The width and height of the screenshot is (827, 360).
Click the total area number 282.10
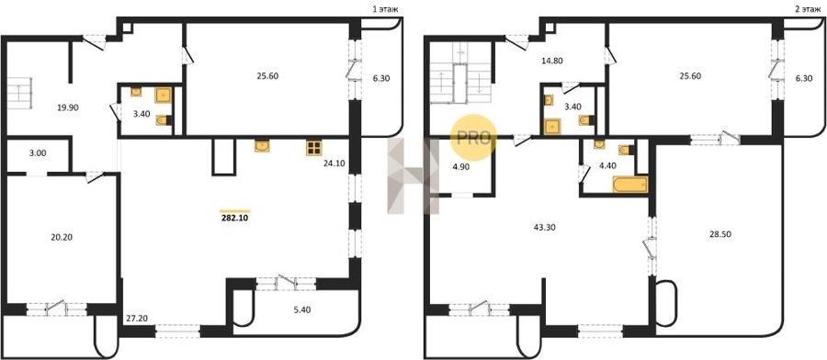tap(234, 217)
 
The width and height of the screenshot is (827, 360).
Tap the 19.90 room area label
tap(68, 107)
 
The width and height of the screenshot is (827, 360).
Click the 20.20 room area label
tap(62, 237)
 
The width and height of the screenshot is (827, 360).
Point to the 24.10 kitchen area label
tap(334, 163)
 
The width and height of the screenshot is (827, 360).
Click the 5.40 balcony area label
tap(301, 309)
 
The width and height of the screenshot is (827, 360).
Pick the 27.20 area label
tap(136, 319)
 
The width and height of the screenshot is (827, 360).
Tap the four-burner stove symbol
tap(314, 148)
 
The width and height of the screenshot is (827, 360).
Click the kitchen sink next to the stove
tap(262, 146)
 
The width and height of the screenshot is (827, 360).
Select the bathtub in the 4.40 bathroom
tap(629, 185)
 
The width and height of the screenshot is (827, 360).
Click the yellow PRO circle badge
tap(473, 138)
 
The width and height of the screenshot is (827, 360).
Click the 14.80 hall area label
tap(551, 61)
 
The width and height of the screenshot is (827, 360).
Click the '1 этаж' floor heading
tap(386, 9)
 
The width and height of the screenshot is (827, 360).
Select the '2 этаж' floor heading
tap(808, 9)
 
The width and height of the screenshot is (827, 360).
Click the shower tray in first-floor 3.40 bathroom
tap(163, 95)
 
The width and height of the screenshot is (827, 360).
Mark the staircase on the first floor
tap(19, 94)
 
